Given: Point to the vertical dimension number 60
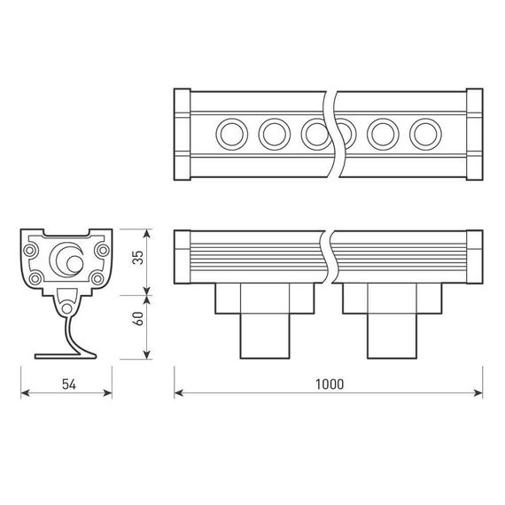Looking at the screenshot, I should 135,320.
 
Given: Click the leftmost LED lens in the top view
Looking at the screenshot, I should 233,135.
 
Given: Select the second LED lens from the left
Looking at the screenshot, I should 274,135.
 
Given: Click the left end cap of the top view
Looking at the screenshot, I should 182,135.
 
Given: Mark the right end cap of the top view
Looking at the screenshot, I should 472,135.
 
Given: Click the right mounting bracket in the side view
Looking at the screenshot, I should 392,319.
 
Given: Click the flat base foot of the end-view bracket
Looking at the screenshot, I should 67,355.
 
